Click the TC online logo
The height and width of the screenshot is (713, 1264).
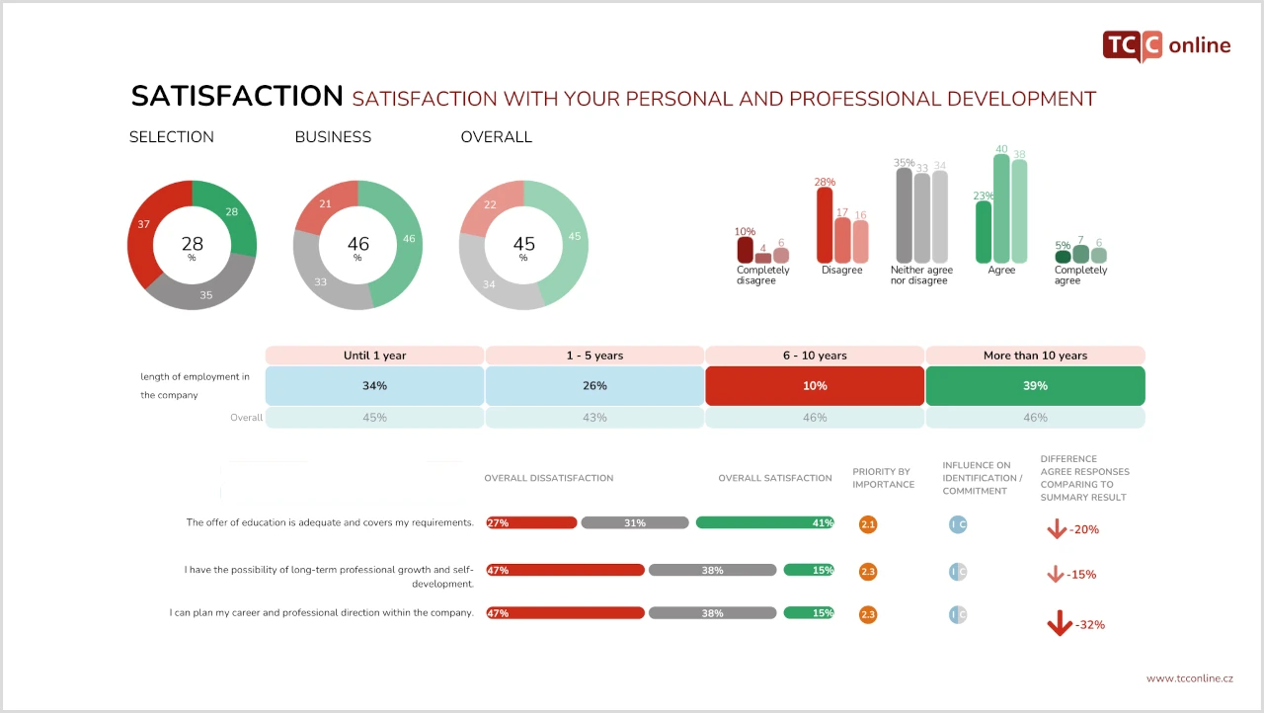1166,45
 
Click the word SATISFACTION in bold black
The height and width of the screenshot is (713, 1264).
237,96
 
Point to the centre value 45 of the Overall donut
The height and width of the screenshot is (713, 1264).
523,244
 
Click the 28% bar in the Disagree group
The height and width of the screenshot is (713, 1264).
825,225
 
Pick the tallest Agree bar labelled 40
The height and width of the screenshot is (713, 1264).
1001,208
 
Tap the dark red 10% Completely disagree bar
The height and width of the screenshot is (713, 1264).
745,250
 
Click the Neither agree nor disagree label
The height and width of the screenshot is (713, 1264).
921,276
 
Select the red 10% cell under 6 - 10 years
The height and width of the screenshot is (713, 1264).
815,386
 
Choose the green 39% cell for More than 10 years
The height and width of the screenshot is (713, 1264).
1036,386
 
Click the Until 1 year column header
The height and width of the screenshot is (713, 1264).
374,356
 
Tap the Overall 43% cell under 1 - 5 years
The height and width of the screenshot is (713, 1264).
594,418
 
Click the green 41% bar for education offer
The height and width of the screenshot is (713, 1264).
765,523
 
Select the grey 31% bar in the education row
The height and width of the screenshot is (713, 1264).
635,523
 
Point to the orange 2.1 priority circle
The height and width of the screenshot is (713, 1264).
868,524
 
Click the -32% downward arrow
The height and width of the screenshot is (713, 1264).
1060,623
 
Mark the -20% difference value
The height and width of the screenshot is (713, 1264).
1084,529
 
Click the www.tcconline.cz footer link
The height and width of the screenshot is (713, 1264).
1190,678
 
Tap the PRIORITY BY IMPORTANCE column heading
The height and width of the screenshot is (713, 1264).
883,478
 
